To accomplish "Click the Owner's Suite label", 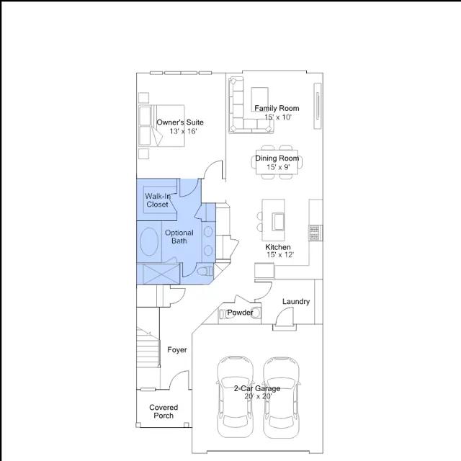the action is [180, 122].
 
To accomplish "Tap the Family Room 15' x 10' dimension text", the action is [278, 117].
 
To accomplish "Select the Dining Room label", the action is [277, 158].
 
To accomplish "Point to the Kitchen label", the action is [278, 247].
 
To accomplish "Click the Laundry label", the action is [296, 302].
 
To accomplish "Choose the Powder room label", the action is [240, 313].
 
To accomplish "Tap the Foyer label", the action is [177, 349].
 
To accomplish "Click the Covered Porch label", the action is [164, 411].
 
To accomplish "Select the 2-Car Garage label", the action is [257, 388].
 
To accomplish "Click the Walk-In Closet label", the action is [158, 200].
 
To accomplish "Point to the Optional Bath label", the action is [179, 237].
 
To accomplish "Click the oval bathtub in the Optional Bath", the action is [149, 241].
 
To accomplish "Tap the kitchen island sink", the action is [278, 222].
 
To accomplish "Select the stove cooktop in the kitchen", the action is [315, 233].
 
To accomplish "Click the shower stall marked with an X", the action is [161, 274].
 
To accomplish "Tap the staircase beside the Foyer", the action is [148, 347].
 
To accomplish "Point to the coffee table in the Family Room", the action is [259, 99].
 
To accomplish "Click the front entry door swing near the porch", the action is [179, 380].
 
